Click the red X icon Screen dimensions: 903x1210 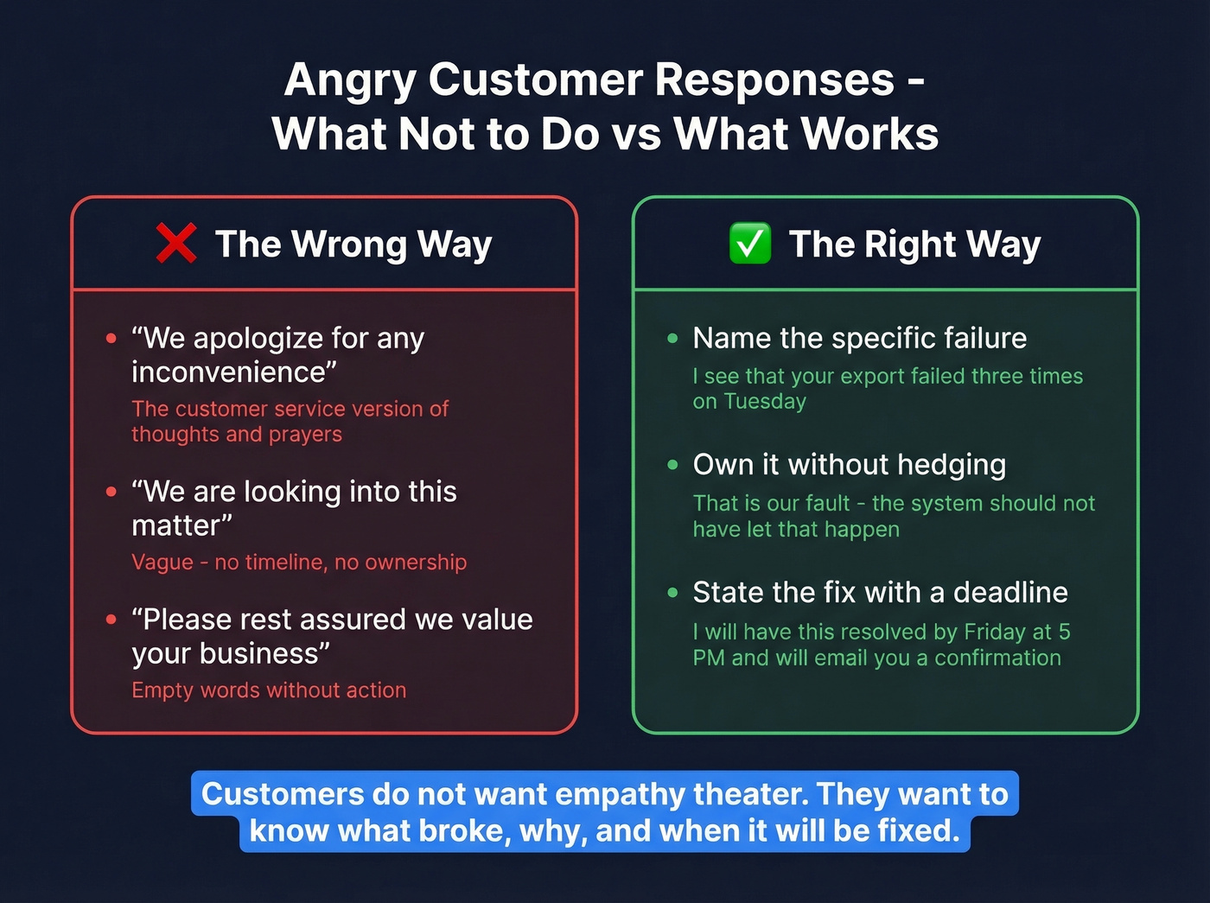point(176,243)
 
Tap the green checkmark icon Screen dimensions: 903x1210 point(749,243)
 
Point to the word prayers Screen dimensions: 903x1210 point(305,434)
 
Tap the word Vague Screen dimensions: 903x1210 point(162,563)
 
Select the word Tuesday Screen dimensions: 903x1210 point(765,402)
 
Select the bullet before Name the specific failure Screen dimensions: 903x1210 point(672,339)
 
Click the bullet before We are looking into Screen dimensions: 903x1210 point(111,492)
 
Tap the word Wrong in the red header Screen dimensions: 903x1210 point(349,245)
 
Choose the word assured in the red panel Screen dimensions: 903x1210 point(345,620)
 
